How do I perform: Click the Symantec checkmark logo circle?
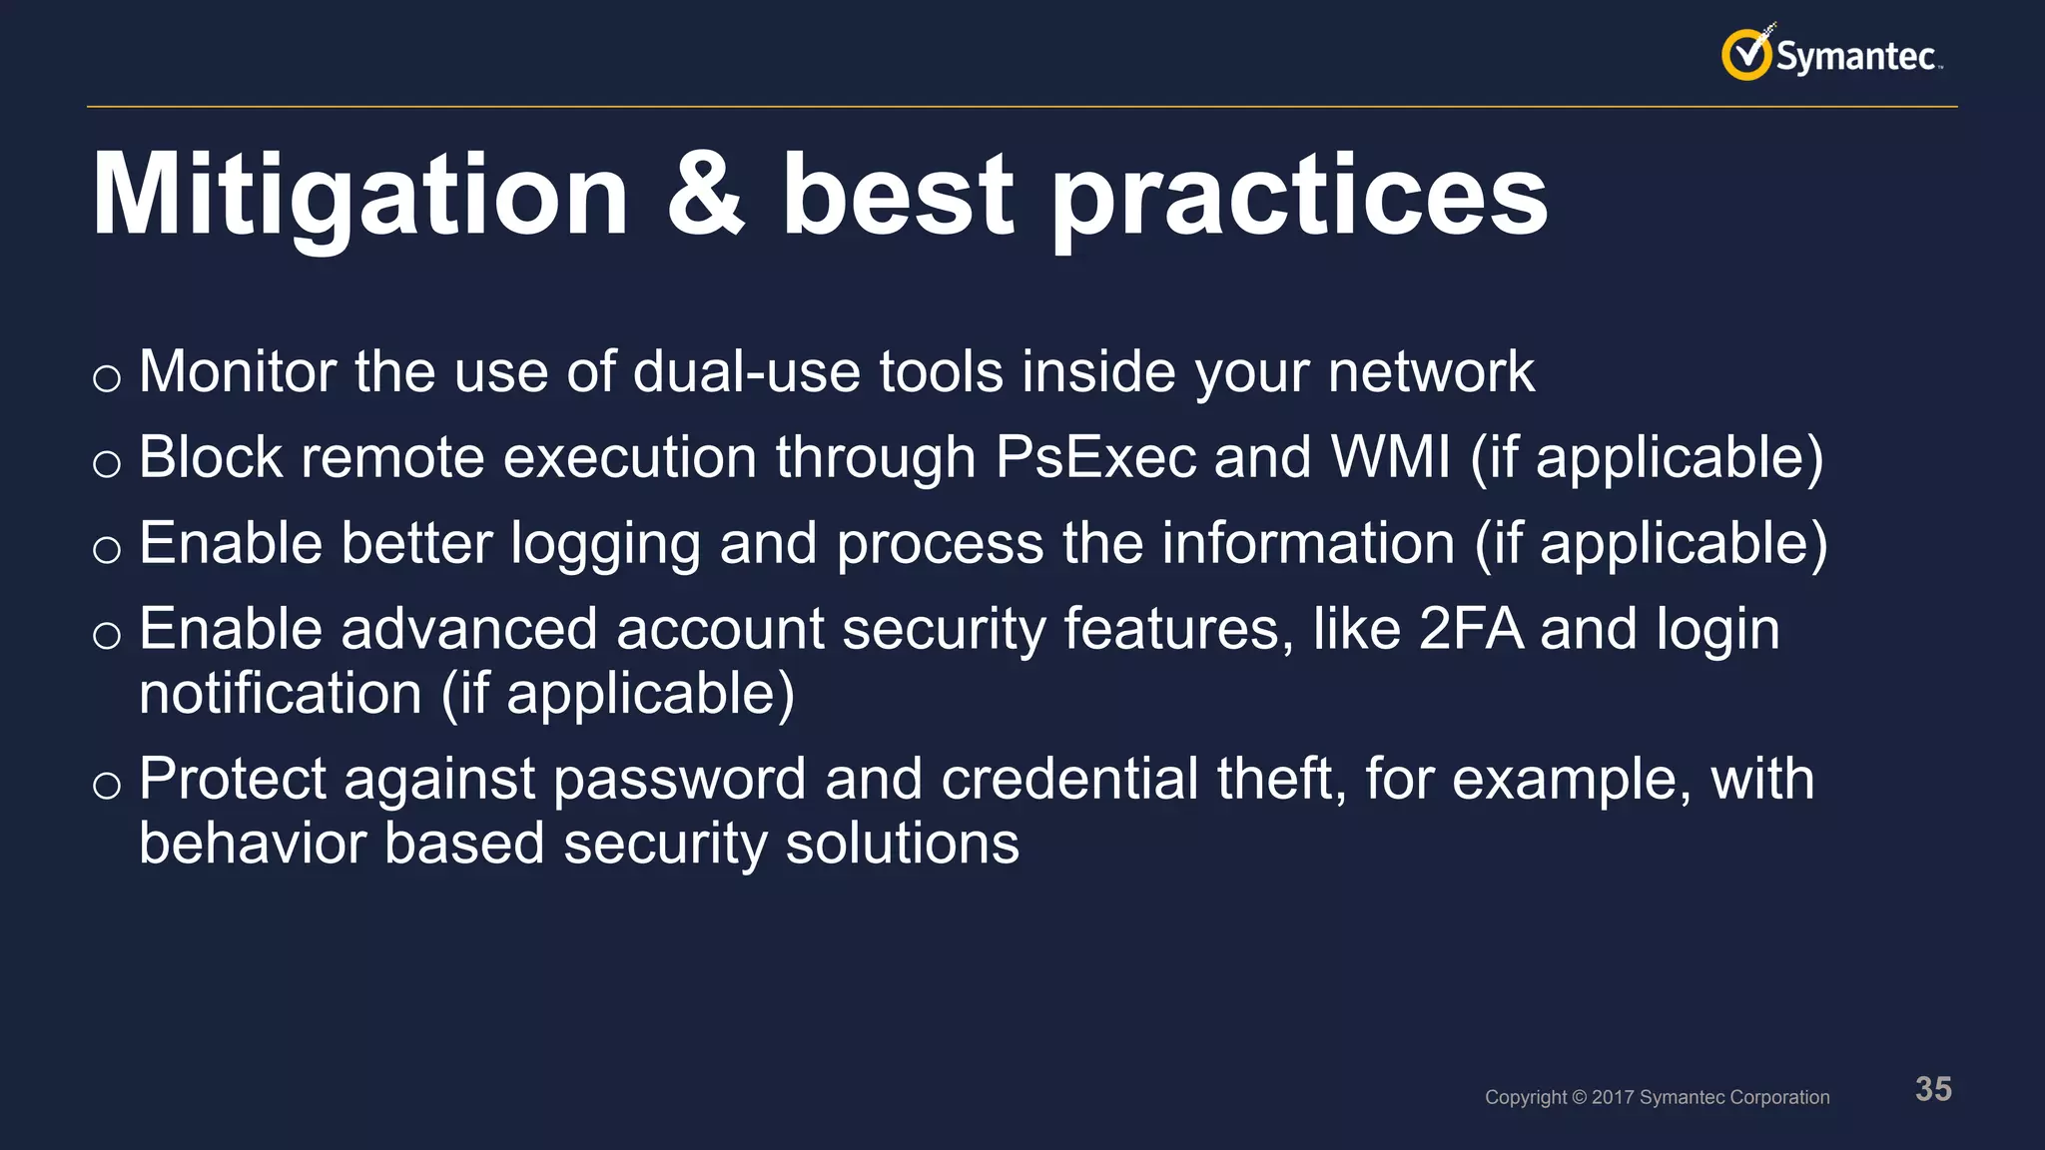click(1745, 55)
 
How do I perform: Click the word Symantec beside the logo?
click(1855, 56)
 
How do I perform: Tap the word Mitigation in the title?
click(359, 196)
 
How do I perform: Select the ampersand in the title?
click(705, 196)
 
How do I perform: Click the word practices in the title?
click(1298, 198)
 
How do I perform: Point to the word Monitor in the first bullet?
click(238, 372)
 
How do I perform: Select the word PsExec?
click(1095, 458)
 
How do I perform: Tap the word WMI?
click(1391, 458)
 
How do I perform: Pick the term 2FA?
click(1471, 630)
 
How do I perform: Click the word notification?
click(281, 694)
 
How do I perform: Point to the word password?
click(679, 780)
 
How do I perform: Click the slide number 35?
click(1933, 1089)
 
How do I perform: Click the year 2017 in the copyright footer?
click(1613, 1097)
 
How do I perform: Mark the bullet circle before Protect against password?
click(107, 786)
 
